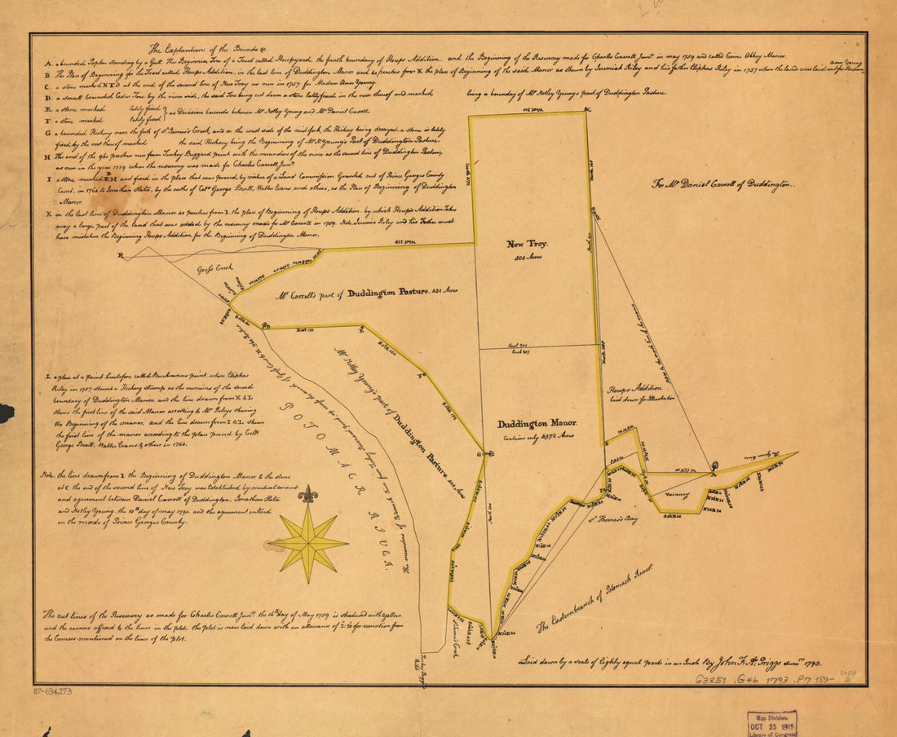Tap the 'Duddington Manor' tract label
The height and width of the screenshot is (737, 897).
pos(537,424)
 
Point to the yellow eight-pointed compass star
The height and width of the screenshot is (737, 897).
pos(308,541)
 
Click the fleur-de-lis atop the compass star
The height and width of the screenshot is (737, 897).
pos(308,495)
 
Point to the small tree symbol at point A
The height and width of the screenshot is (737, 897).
pos(714,467)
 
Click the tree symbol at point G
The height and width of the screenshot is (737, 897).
pos(486,452)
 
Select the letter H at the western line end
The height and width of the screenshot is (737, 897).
pos(122,256)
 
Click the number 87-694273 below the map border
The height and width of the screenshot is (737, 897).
pos(53,691)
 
